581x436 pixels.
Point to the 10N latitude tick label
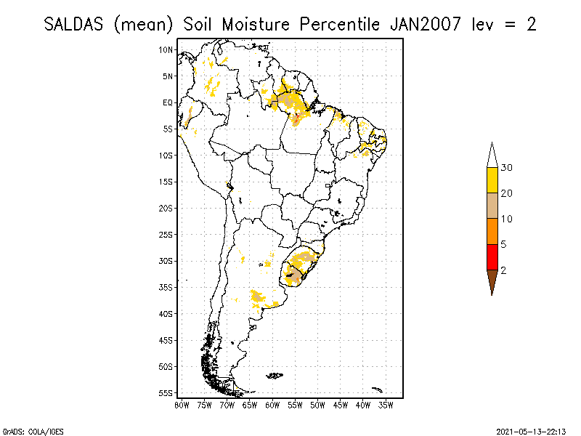pyautogui.click(x=166, y=49)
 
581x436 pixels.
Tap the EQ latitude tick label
pyautogui.click(x=167, y=102)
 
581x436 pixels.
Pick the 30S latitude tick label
pyautogui.click(x=166, y=261)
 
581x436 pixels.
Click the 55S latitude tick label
pyautogui.click(x=166, y=393)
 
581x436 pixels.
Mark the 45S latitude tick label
pyautogui.click(x=166, y=340)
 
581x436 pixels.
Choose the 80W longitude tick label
pyautogui.click(x=182, y=404)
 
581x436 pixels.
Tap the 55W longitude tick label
pyautogui.click(x=295, y=404)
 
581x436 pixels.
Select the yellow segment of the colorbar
pyautogui.click(x=492, y=180)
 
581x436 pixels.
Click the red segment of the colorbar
pyautogui.click(x=492, y=257)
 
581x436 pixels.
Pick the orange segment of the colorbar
pyautogui.click(x=492, y=231)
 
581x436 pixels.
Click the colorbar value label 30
pyautogui.click(x=507, y=168)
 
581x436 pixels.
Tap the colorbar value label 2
pyautogui.click(x=503, y=270)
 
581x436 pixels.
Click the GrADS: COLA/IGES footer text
pyautogui.click(x=25, y=430)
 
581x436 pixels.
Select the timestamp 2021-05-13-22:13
pyautogui.click(x=531, y=430)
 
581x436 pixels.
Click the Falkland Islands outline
pyautogui.click(x=274, y=376)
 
